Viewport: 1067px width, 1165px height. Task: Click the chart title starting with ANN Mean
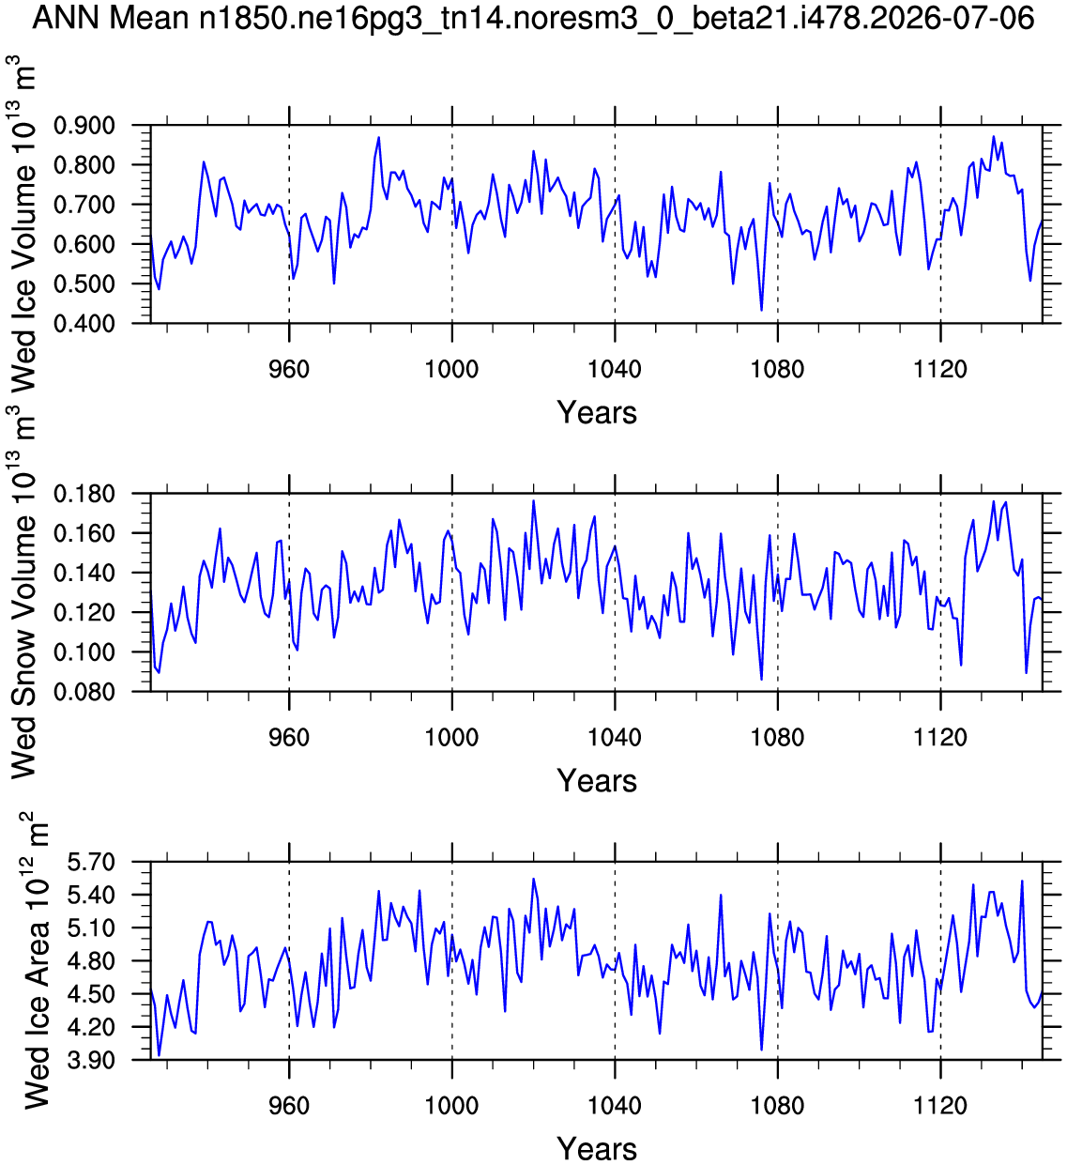tap(533, 18)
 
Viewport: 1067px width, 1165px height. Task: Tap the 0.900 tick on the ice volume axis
tap(84, 126)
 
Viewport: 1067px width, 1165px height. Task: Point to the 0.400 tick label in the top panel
tap(84, 324)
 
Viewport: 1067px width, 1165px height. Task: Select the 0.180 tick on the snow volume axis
tap(84, 494)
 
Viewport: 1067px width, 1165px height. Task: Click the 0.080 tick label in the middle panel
tap(84, 692)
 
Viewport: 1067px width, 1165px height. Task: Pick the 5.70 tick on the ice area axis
tap(91, 862)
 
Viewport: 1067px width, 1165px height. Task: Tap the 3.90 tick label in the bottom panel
tap(91, 1061)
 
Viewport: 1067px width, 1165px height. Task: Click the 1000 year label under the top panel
tap(452, 369)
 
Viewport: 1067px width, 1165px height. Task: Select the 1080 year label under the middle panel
tap(778, 738)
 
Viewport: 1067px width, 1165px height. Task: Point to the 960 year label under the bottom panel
tap(289, 1106)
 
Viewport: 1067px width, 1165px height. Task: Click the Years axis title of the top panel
tap(597, 413)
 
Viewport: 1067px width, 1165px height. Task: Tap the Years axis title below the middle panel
tap(597, 781)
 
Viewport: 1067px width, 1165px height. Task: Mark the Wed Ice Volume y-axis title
tap(23, 223)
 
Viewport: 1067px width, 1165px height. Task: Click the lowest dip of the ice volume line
tap(761, 311)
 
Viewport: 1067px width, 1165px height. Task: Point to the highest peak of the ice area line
tap(534, 879)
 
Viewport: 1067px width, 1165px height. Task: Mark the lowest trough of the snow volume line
tap(761, 680)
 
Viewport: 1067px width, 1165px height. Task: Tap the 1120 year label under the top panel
tap(940, 369)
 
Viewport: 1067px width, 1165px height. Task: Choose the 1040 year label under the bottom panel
tap(615, 1106)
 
